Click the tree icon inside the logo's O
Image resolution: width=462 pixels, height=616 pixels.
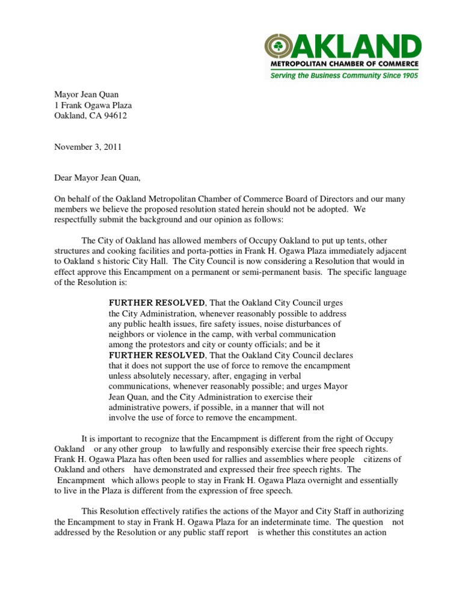click(279, 47)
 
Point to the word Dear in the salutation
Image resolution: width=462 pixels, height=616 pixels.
click(65, 177)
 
